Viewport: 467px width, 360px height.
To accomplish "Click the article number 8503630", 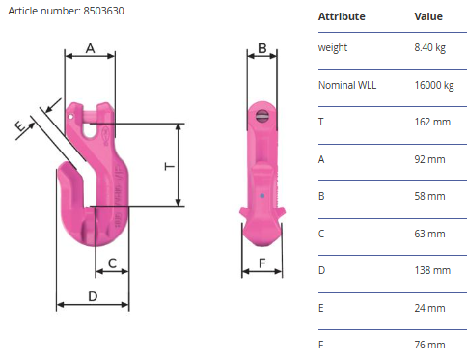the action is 103,11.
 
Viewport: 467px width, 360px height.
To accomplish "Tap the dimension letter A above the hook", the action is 91,48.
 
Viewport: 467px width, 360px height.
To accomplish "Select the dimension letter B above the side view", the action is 262,48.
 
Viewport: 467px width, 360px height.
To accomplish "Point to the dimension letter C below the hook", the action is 112,263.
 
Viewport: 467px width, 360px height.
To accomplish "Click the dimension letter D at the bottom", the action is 93,296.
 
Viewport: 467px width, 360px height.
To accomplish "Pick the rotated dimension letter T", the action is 170,166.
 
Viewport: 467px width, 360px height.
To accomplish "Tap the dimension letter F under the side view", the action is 262,263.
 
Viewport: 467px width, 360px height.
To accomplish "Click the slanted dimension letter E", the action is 20,125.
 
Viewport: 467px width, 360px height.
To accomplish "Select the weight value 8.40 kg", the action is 430,48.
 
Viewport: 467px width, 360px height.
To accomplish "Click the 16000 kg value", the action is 434,86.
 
